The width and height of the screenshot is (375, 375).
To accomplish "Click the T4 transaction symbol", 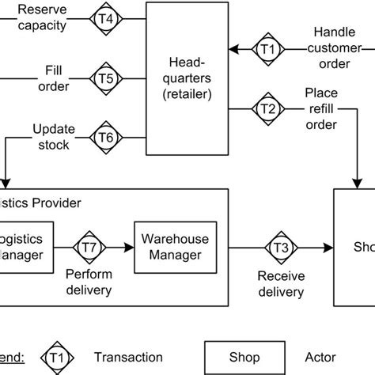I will point(105,17).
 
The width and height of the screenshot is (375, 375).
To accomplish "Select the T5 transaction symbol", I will point(105,78).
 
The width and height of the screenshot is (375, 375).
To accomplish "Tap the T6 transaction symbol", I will point(105,138).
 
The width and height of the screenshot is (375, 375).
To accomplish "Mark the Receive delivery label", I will point(280,284).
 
